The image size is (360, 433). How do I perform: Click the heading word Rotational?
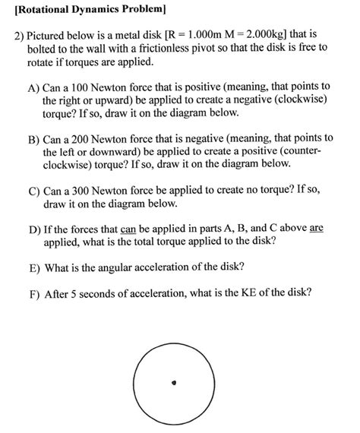(43, 10)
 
